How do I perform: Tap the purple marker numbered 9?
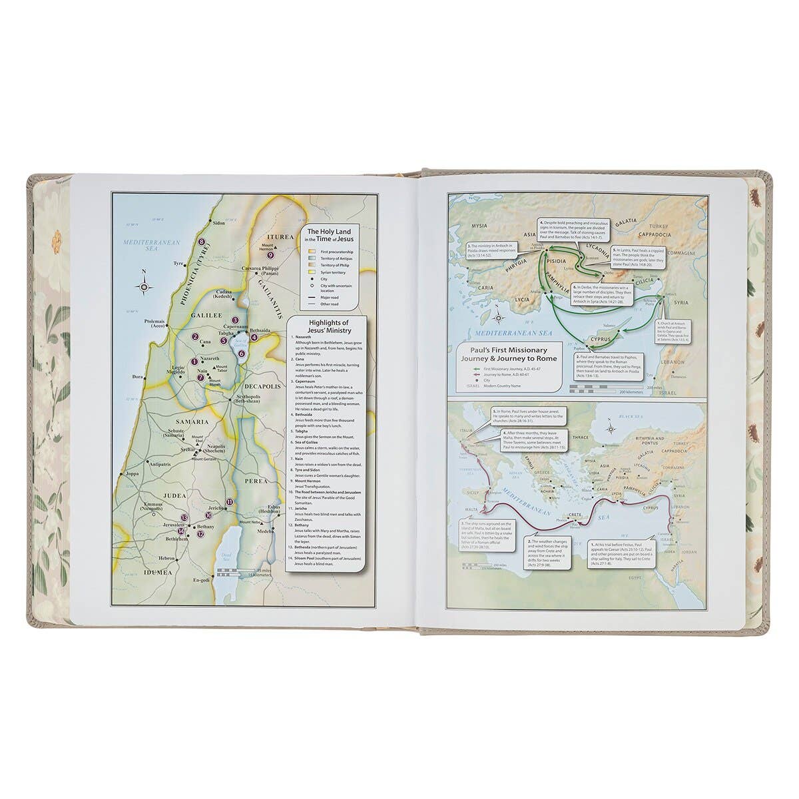point(270,254)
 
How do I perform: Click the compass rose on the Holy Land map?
point(146,286)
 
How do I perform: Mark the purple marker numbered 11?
point(230,502)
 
